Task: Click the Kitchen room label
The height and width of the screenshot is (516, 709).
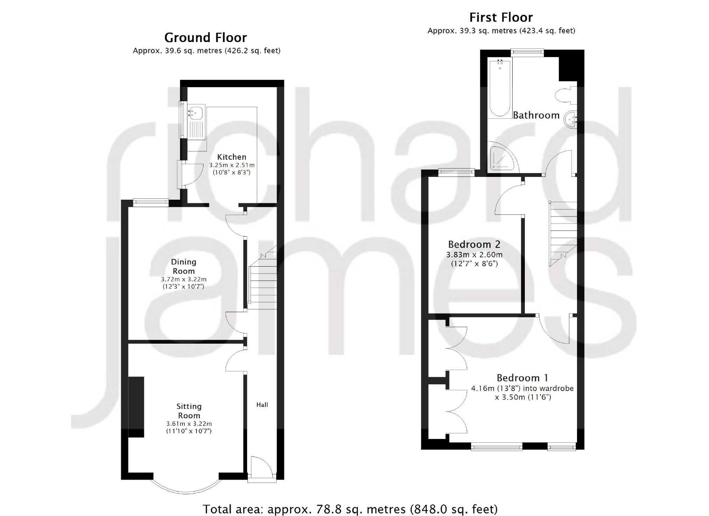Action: [x=231, y=157]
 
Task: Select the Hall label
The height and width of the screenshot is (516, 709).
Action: [x=262, y=405]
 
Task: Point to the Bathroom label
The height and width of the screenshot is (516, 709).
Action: [x=536, y=115]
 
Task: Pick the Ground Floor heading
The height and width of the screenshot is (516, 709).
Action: [x=206, y=37]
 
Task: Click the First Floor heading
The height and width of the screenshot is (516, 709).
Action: [x=501, y=17]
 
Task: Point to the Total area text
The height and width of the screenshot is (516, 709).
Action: [x=350, y=509]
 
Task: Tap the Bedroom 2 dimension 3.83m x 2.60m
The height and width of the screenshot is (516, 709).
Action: [x=474, y=255]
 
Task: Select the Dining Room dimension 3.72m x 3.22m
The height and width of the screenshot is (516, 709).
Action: [x=183, y=279]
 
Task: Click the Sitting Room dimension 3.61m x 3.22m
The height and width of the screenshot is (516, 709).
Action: [x=189, y=424]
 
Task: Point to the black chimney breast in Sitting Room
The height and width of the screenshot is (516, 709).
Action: [x=136, y=407]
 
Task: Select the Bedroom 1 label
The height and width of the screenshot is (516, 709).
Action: [x=522, y=378]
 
